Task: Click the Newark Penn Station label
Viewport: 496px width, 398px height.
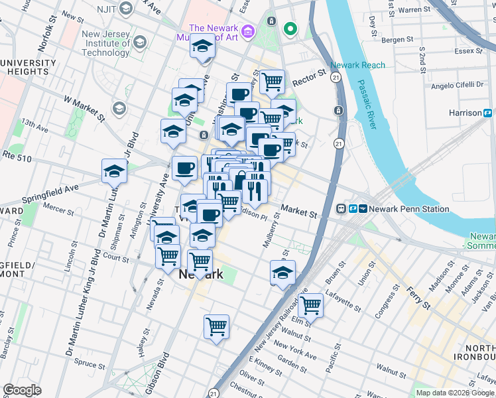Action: click(x=409, y=209)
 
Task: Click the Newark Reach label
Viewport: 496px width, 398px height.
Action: click(x=357, y=65)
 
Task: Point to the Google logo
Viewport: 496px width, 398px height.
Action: click(x=22, y=390)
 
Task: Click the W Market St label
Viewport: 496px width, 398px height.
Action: click(x=84, y=108)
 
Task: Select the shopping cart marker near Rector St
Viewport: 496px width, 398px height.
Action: click(x=272, y=82)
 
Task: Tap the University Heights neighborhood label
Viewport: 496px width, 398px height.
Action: click(x=29, y=67)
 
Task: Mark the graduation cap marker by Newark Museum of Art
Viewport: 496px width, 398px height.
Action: click(x=202, y=46)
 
